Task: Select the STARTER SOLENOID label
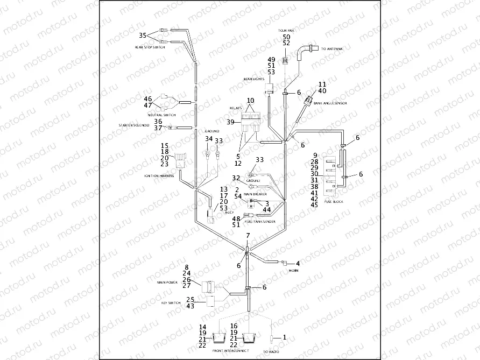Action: tap(133, 125)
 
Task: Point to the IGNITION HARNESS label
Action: tap(159, 176)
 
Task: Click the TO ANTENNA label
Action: tap(333, 49)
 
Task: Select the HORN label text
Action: tap(293, 270)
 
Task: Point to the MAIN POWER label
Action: tap(167, 282)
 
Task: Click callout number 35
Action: tap(143, 35)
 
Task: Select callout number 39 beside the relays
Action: tap(230, 123)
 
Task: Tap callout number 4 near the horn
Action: tap(298, 263)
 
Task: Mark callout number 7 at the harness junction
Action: tap(248, 236)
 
